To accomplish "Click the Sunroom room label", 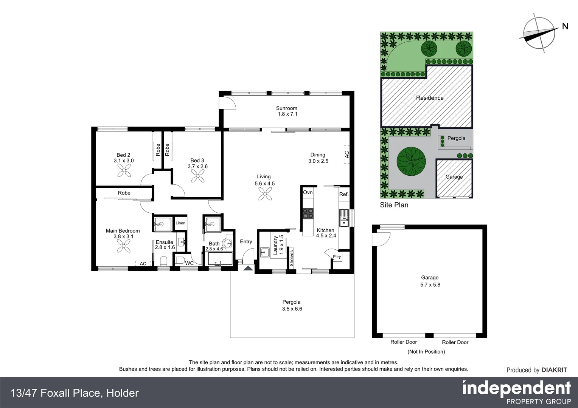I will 286,108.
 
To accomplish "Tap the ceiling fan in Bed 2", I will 124,172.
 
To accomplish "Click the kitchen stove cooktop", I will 308,213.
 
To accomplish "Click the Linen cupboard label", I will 180,223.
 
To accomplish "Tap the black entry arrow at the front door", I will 248,268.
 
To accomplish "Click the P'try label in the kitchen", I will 337,257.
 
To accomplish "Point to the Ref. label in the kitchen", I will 343,194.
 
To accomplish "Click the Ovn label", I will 308,192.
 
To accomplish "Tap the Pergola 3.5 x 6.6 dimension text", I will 292,309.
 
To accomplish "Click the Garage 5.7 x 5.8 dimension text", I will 430,284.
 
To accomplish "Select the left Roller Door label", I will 404,342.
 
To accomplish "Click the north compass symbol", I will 539,31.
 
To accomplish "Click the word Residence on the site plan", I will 430,98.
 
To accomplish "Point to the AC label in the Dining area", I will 346,154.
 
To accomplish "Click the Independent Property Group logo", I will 516,393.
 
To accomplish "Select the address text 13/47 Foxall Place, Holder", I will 75,393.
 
